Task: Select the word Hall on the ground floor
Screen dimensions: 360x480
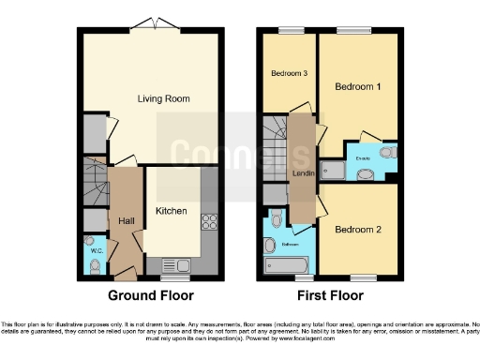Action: [x=126, y=220]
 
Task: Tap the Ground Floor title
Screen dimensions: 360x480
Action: [x=151, y=295]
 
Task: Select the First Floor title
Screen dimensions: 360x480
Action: [x=329, y=295]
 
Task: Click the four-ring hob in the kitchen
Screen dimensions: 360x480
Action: [x=208, y=223]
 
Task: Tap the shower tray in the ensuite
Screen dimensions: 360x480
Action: [x=333, y=170]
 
